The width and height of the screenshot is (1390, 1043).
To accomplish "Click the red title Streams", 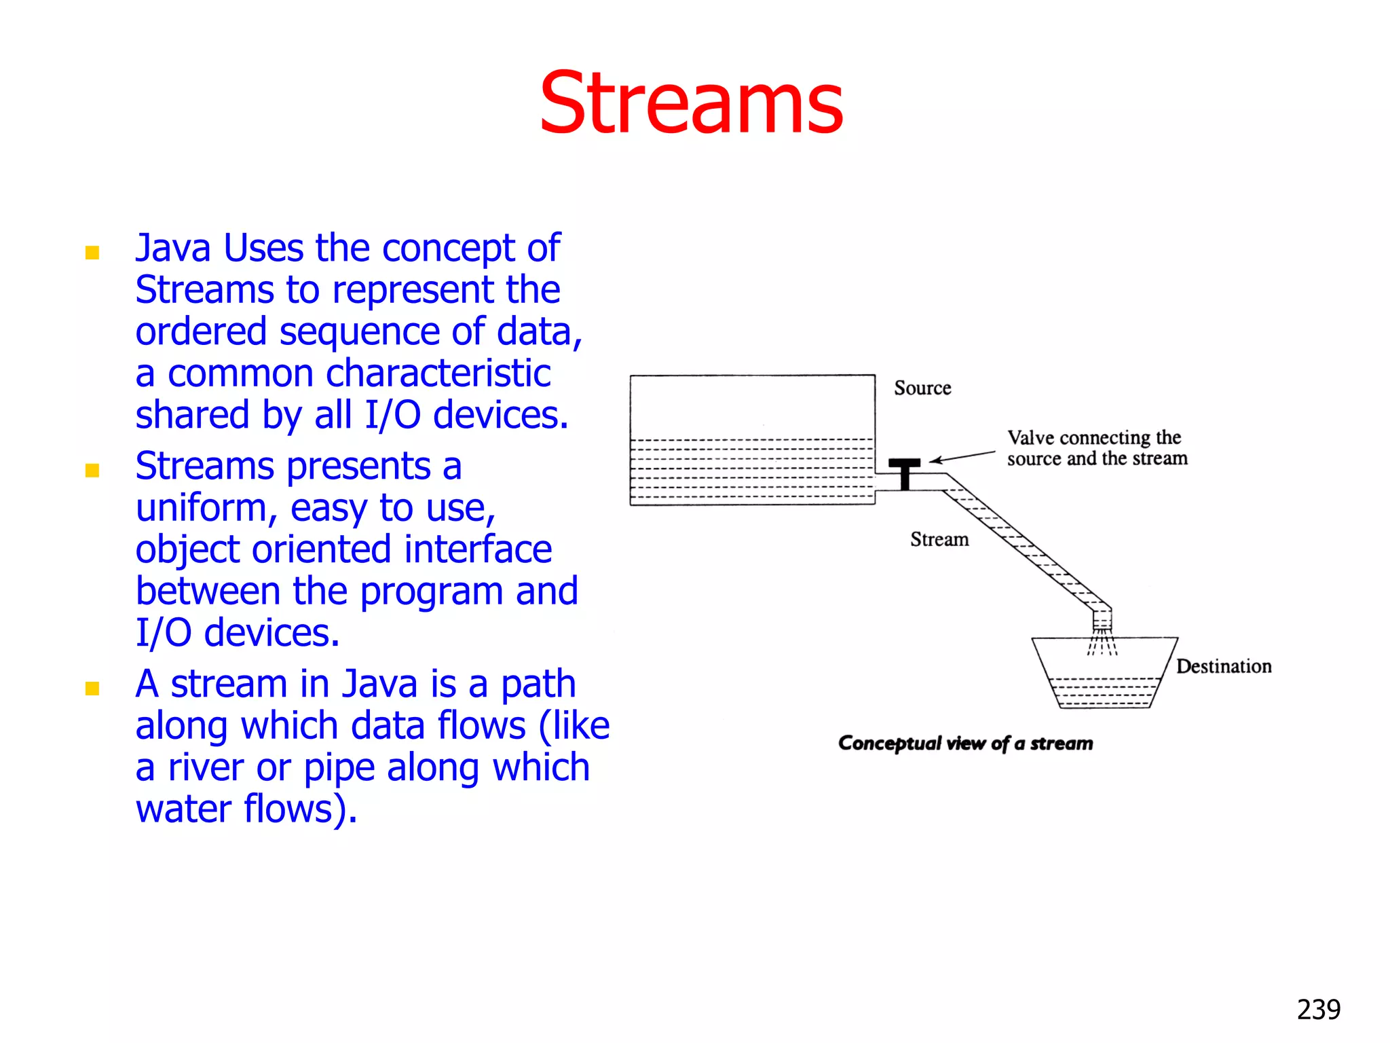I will click(691, 104).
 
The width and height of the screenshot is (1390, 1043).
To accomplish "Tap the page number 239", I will click(1318, 1010).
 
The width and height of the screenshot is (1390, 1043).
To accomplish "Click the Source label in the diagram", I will click(922, 388).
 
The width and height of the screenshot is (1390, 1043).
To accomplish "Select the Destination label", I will click(1223, 666).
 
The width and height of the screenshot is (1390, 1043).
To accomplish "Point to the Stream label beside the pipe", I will click(939, 539).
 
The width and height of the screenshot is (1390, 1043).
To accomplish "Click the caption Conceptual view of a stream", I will click(965, 743).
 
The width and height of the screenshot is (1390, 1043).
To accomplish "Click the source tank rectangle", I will click(752, 439).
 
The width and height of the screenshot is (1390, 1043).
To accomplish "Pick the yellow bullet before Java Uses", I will click(92, 253).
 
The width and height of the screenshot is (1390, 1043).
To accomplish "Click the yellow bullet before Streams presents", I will click(92, 471).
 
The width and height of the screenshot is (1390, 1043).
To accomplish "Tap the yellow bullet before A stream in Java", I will click(92, 689).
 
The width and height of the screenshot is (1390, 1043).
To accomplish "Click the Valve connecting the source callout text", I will click(1096, 447).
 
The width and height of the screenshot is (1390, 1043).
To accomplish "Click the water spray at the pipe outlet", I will click(1102, 642).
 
